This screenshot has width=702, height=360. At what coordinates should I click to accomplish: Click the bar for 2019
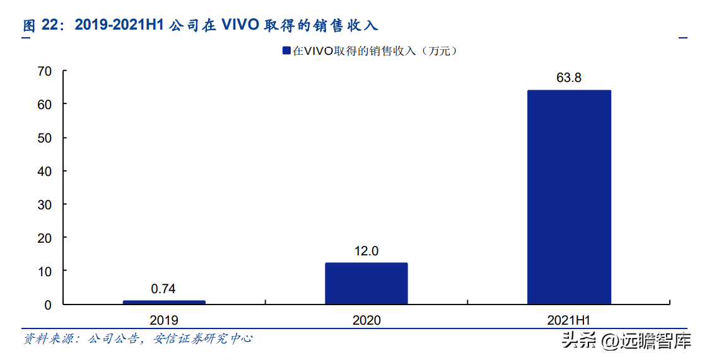point(164,302)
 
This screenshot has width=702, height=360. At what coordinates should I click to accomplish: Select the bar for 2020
point(366,283)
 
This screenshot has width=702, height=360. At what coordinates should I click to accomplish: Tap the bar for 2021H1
point(569,197)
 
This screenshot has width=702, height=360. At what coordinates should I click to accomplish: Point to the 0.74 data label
point(163,289)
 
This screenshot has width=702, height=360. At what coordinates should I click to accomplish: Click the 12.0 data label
point(366,251)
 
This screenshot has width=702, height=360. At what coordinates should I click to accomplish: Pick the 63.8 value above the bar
point(569,78)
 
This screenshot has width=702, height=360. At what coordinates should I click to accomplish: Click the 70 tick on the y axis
point(44,71)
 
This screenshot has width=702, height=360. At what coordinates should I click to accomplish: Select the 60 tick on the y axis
point(44,104)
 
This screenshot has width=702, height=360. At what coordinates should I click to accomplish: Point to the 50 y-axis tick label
point(44,137)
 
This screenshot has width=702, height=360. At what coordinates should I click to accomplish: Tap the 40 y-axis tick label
point(44,171)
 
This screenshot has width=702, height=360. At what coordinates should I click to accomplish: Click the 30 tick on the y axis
point(44,204)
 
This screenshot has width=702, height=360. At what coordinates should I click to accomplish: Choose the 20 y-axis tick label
point(44,238)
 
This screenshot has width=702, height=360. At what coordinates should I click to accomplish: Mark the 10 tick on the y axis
point(44,271)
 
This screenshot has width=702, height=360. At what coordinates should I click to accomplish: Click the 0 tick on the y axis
point(47,305)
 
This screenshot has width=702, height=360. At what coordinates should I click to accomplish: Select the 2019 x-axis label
point(164,320)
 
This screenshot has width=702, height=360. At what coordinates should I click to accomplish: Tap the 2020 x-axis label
point(366,320)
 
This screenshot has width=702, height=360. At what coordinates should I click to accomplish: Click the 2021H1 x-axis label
point(569,320)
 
